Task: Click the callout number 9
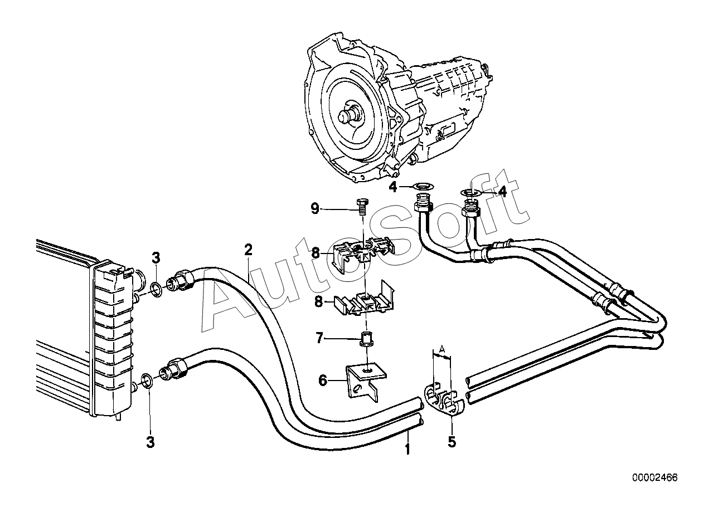pos(315,209)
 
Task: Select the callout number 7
pos(319,338)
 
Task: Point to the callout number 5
pos(452,442)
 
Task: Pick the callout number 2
pos(249,250)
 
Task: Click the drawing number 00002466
pos(655,477)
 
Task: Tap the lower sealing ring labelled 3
pos(147,381)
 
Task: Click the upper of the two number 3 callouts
pos(156,258)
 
